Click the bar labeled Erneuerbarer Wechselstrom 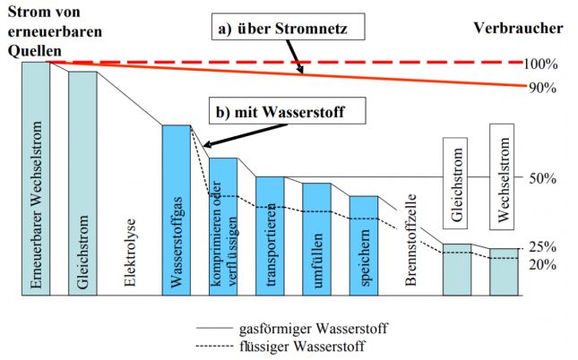coord(36,179)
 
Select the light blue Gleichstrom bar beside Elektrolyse coord(82,184)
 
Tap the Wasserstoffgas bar coord(177,210)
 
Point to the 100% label coord(542,64)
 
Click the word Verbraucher coord(518,27)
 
